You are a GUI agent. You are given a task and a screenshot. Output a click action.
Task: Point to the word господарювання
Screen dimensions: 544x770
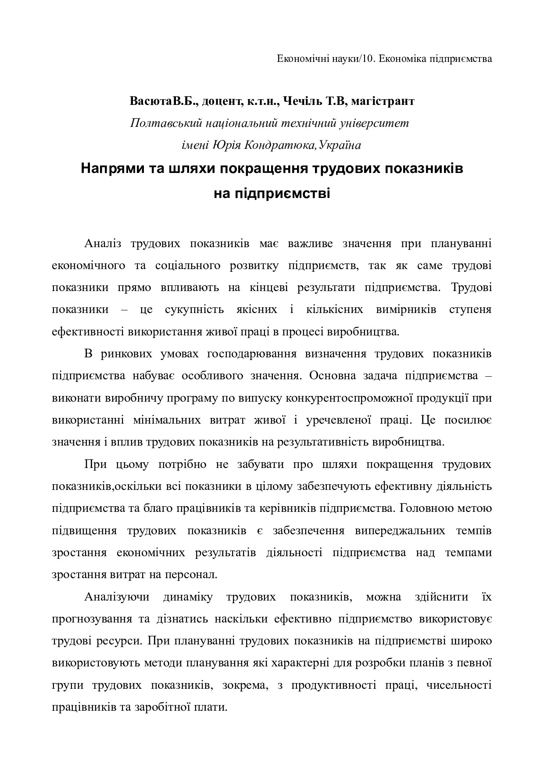(x=252, y=354)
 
